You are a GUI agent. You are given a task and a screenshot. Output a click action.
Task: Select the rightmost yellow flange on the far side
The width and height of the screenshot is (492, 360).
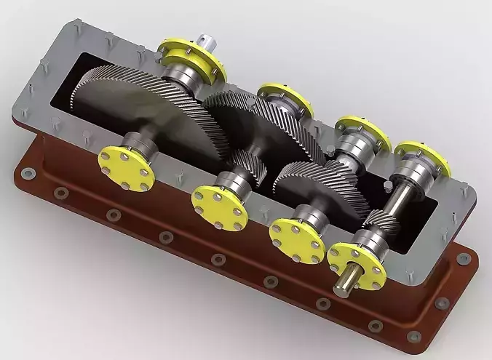[422, 157]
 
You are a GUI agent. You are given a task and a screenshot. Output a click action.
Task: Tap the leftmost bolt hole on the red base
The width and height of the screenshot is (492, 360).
[28, 174]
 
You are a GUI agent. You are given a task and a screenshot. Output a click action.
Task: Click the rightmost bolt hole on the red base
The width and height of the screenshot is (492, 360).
[462, 257]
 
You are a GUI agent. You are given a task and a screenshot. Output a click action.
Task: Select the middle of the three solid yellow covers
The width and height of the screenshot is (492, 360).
[220, 205]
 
